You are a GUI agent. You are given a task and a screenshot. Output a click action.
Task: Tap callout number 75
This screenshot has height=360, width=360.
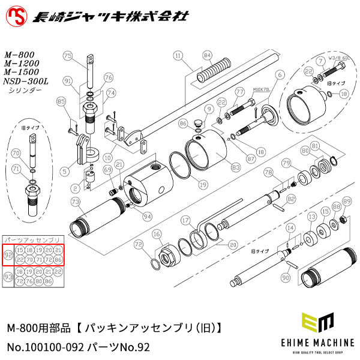click(x=68, y=56)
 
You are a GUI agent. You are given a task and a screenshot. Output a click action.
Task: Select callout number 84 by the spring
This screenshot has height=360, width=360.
click(x=208, y=55)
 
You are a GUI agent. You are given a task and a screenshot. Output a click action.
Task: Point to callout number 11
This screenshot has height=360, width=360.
click(x=177, y=55)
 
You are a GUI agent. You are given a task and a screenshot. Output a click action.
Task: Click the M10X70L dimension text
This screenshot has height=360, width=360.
click(x=262, y=88)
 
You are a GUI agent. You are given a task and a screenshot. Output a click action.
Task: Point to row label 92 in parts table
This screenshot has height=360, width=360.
click(x=8, y=254)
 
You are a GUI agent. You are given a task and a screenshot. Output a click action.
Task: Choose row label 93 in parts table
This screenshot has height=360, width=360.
click(x=8, y=277)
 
